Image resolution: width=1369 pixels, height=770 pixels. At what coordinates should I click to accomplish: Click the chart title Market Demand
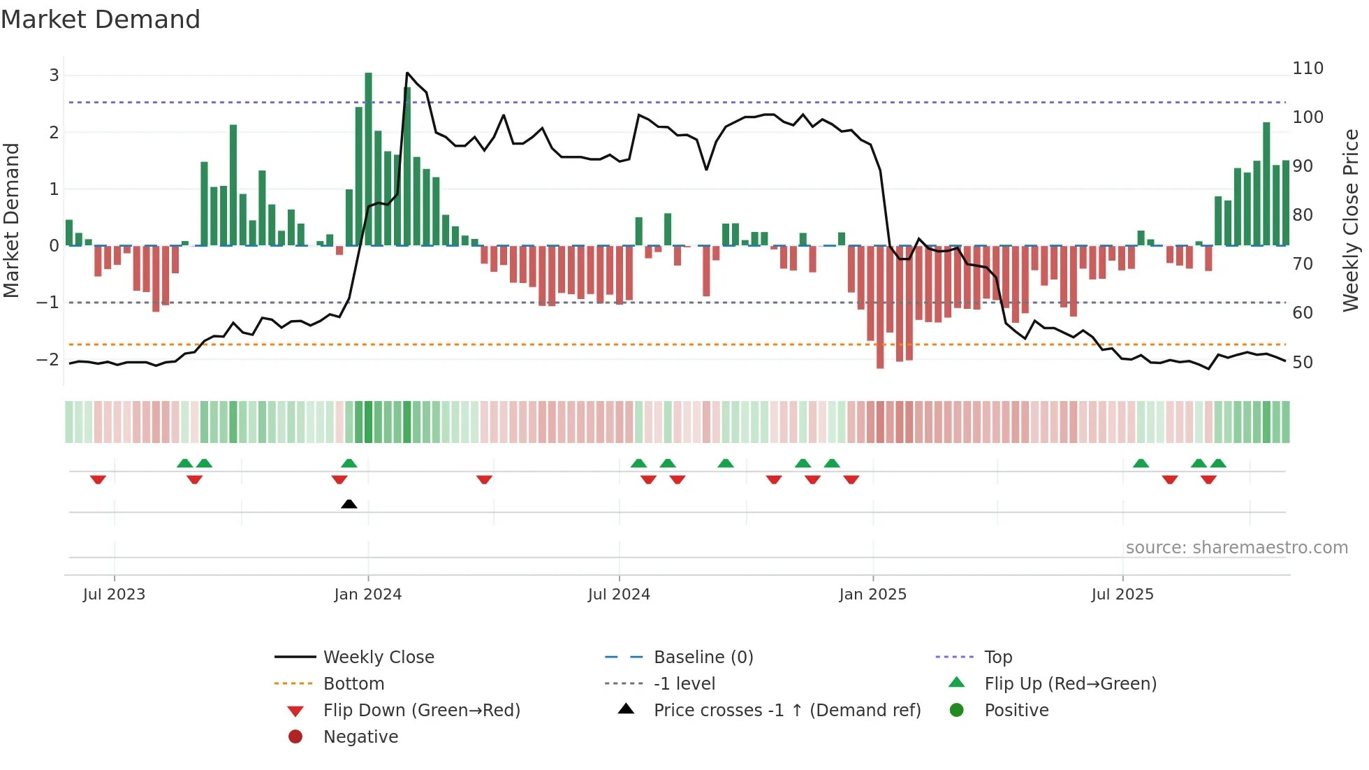(x=101, y=20)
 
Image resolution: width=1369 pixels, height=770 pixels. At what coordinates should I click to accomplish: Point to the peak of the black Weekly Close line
(x=407, y=73)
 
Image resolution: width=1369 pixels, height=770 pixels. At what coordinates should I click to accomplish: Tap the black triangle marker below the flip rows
(x=349, y=504)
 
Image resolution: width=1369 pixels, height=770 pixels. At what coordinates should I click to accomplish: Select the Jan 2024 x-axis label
(x=367, y=595)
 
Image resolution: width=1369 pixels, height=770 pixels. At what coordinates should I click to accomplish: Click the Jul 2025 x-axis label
(x=1122, y=595)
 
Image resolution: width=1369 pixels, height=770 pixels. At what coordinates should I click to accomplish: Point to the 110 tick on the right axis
(x=1308, y=68)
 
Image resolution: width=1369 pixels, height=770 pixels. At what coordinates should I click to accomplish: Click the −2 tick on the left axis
(x=47, y=360)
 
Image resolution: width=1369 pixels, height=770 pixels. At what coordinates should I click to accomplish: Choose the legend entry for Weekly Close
(x=378, y=658)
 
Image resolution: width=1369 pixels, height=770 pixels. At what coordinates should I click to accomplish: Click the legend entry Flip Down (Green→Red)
(x=421, y=711)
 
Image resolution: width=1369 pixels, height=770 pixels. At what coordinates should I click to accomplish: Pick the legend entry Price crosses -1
(x=786, y=711)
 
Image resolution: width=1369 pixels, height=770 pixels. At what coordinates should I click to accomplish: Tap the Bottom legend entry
(x=353, y=684)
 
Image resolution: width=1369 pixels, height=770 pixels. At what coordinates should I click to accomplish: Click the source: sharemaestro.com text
(x=1236, y=548)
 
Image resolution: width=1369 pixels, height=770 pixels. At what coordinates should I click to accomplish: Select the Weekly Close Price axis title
(x=1351, y=220)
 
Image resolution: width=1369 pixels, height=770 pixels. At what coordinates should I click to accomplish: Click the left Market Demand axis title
(x=11, y=220)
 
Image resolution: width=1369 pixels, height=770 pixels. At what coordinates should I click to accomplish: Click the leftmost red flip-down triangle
(x=98, y=479)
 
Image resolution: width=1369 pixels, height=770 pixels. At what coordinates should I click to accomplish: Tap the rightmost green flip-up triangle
(x=1218, y=463)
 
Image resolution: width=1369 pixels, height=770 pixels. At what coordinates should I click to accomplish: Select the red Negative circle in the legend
(x=295, y=737)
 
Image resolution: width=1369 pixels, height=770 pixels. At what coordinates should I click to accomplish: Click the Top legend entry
(x=997, y=658)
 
